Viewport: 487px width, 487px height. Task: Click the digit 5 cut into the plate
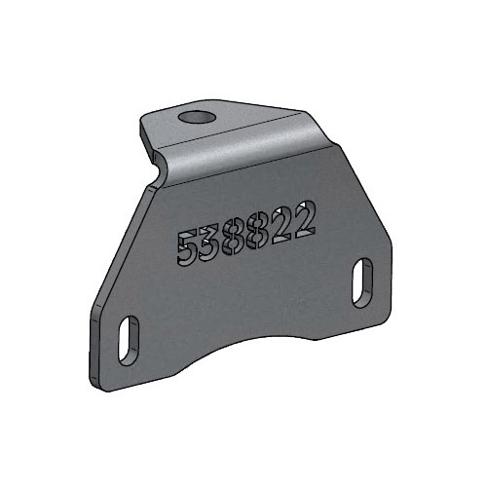[x=186, y=248]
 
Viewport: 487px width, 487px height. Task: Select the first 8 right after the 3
[x=234, y=239]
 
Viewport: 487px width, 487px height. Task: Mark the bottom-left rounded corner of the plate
[x=102, y=385]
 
